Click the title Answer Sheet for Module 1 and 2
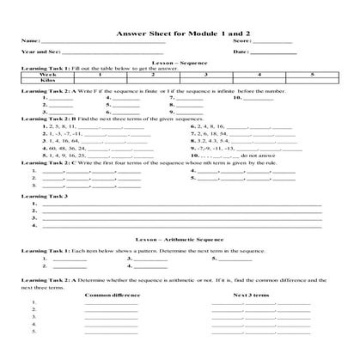pyautogui.click(x=180, y=32)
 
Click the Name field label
pyautogui.click(x=31, y=41)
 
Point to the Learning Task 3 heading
pyautogui.click(x=46, y=197)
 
